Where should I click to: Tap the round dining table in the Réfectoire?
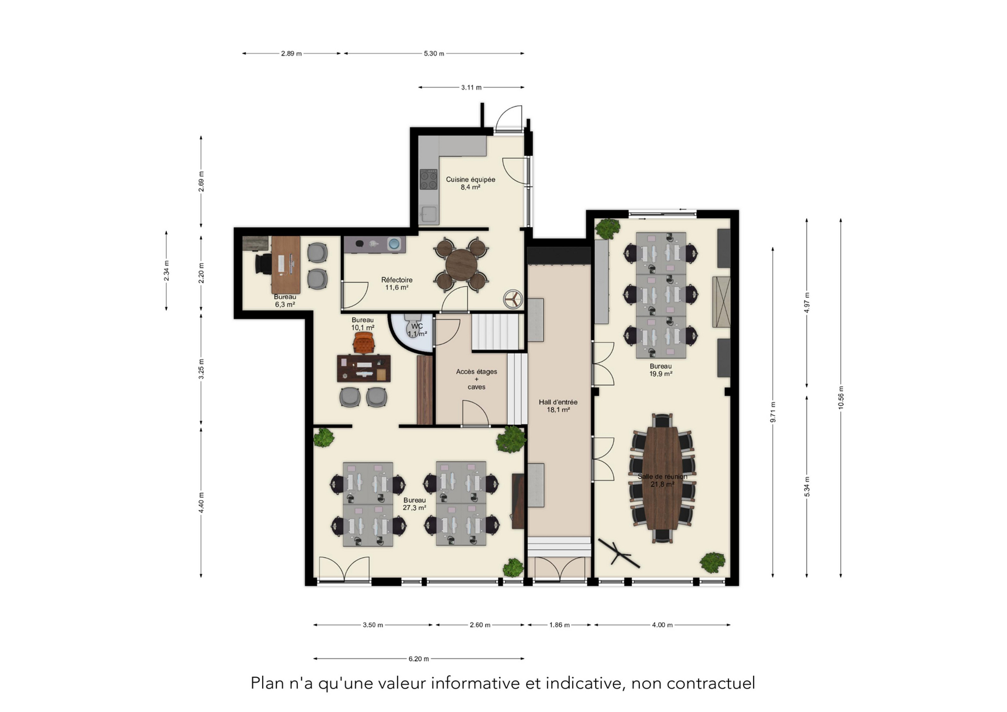(x=461, y=265)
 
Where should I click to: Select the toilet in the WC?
(x=413, y=326)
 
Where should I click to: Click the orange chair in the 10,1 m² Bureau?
(x=364, y=342)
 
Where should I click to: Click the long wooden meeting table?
(x=662, y=478)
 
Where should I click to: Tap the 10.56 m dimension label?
(x=841, y=398)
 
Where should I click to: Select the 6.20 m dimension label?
(x=419, y=659)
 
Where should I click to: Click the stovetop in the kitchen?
(x=429, y=179)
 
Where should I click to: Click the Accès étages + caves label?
(x=477, y=379)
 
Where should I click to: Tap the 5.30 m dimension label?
(x=433, y=53)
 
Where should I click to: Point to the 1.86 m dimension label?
(x=559, y=625)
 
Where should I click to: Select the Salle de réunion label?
(x=662, y=477)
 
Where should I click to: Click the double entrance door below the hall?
(x=559, y=569)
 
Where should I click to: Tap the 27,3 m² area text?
(x=415, y=508)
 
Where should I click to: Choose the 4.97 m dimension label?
(x=807, y=303)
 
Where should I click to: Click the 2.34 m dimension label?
(x=166, y=271)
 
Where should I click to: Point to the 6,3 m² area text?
(x=285, y=305)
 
